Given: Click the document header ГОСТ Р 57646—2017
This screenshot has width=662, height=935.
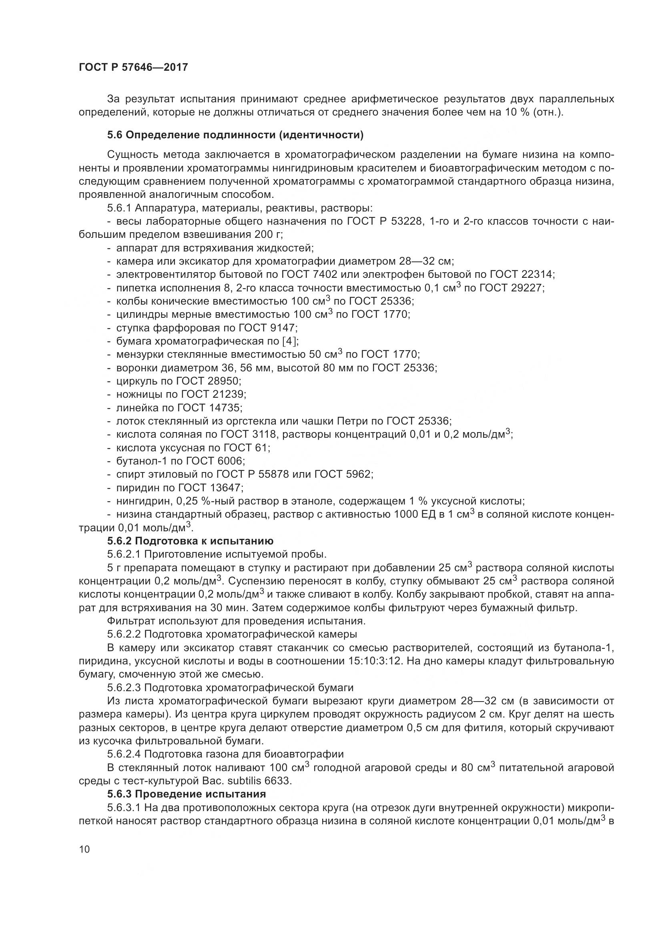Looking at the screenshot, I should click(x=133, y=67).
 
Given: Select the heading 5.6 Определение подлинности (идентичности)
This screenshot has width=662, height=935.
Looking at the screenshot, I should click(x=235, y=135).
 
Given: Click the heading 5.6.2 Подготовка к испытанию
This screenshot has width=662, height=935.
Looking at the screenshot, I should click(x=191, y=541).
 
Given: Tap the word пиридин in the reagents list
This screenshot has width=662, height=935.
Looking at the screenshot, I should click(x=134, y=487).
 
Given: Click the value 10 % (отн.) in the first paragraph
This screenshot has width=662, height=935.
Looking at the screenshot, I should click(x=534, y=112).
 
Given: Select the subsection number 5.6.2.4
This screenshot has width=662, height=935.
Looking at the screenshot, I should click(x=124, y=754).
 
